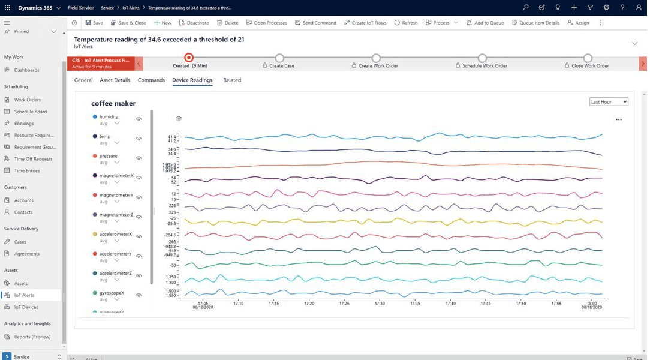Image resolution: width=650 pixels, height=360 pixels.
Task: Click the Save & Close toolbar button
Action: (128, 23)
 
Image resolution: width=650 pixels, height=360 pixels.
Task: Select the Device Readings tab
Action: (192, 80)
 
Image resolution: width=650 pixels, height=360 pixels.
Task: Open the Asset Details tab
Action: (115, 80)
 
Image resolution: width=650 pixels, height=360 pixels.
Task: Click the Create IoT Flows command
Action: (365, 23)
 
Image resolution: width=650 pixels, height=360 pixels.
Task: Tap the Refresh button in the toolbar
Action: (406, 23)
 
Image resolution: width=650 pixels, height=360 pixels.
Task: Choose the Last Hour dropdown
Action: (608, 102)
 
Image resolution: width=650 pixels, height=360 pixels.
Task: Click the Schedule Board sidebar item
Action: (30, 112)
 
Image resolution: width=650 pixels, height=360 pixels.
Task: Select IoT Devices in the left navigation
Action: (26, 307)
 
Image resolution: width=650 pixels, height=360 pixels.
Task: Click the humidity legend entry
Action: (109, 117)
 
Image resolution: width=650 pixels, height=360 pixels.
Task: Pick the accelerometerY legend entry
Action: (115, 254)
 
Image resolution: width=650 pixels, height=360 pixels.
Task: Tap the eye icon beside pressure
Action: (139, 158)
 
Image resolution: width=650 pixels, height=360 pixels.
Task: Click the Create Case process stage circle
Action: (279, 58)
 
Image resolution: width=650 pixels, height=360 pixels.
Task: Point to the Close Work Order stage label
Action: (590, 66)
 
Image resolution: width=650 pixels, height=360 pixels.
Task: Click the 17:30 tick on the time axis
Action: (380, 304)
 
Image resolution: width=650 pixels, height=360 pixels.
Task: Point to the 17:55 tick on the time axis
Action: (556, 304)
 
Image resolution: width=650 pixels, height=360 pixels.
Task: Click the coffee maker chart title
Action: (113, 103)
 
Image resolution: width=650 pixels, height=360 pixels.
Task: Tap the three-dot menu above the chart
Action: (618, 119)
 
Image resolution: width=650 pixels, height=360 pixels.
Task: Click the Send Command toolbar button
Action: (315, 23)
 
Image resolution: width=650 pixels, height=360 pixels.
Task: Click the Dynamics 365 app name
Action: (35, 8)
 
